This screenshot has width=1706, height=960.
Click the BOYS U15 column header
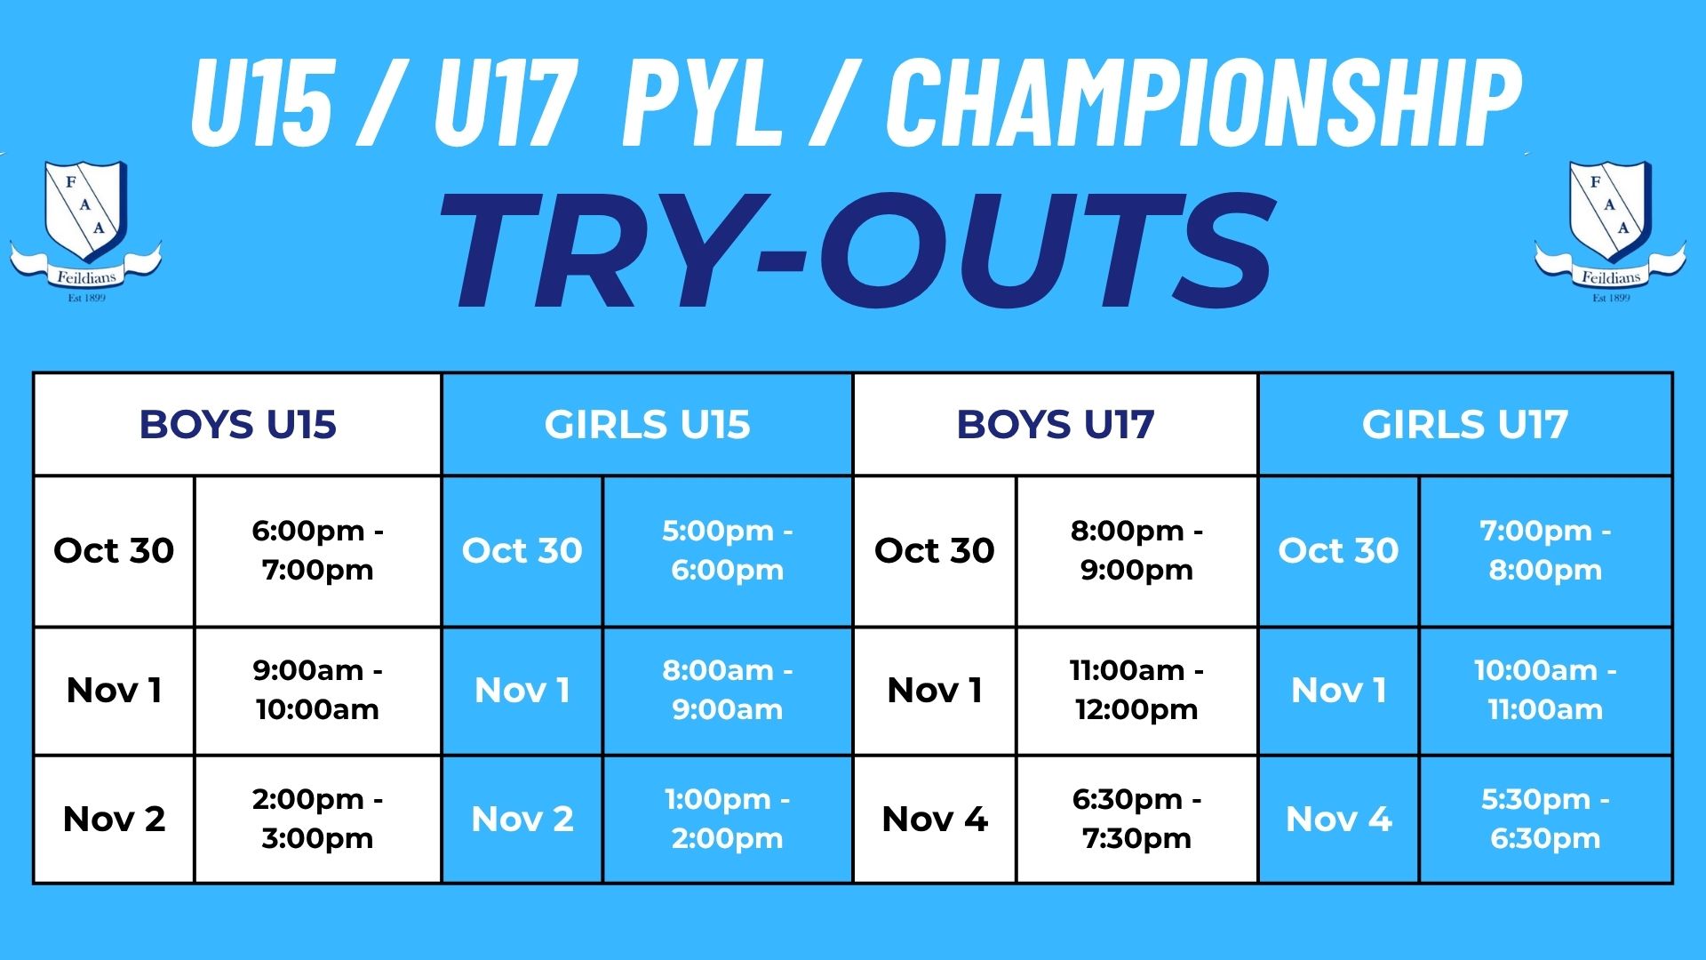(x=238, y=424)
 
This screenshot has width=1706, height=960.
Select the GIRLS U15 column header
(x=647, y=424)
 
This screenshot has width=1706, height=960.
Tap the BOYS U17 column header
(x=1056, y=424)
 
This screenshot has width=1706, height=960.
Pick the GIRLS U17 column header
(x=1465, y=424)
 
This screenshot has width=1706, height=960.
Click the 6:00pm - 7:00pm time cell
(x=317, y=550)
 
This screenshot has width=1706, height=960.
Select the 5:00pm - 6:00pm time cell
(x=727, y=550)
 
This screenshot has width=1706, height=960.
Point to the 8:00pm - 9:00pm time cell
(x=1136, y=550)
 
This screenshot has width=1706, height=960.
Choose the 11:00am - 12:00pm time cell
(x=1136, y=690)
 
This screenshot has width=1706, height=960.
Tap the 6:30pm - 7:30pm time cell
(x=1136, y=819)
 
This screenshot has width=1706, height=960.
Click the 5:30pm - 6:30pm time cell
(x=1545, y=819)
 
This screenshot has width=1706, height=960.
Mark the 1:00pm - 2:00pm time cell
(x=727, y=819)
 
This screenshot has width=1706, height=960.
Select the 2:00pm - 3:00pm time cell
(x=317, y=819)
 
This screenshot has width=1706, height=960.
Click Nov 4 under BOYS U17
(x=935, y=819)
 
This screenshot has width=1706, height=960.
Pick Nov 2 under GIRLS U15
(x=522, y=819)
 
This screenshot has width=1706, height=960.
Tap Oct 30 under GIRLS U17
(x=1338, y=550)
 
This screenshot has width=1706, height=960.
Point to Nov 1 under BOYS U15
(x=114, y=690)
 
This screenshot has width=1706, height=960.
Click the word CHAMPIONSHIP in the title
(x=1203, y=102)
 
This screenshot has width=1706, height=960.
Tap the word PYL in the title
(x=702, y=102)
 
